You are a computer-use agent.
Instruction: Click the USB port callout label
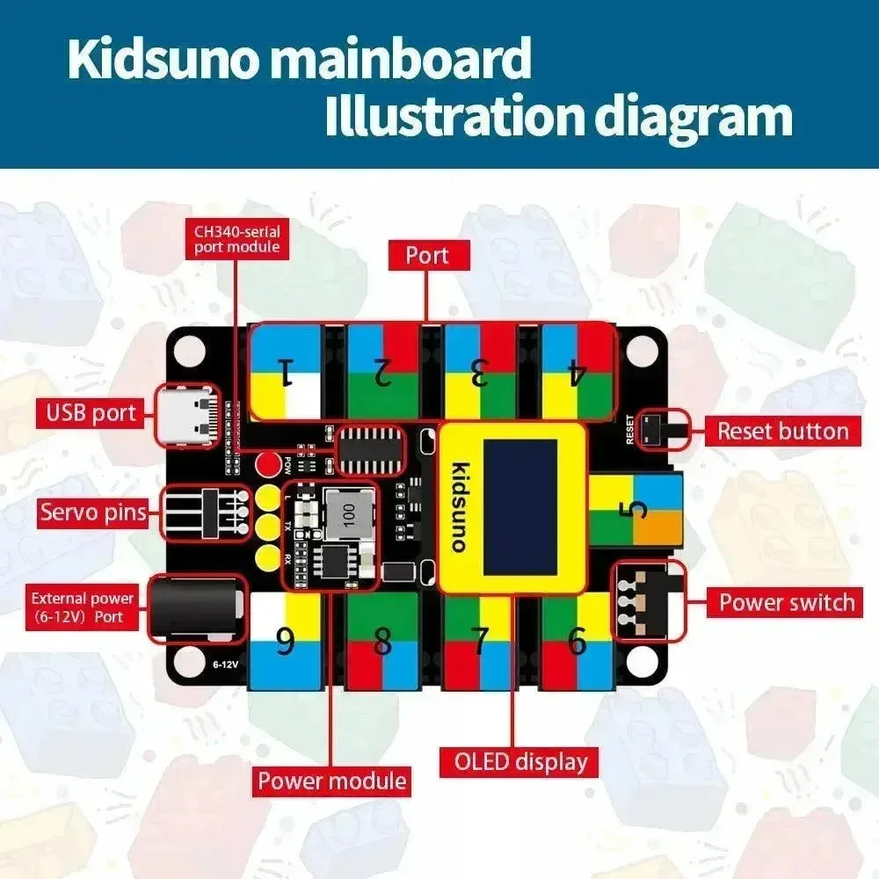click(x=91, y=412)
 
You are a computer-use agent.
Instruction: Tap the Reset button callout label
click(x=783, y=431)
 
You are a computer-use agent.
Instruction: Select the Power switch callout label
click(x=786, y=602)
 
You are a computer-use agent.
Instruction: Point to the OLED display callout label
click(x=520, y=761)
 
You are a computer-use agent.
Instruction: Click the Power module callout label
click(x=332, y=780)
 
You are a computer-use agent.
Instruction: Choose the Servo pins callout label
click(x=92, y=512)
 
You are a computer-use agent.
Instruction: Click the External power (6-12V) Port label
click(x=84, y=607)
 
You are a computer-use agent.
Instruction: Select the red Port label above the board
click(x=427, y=256)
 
